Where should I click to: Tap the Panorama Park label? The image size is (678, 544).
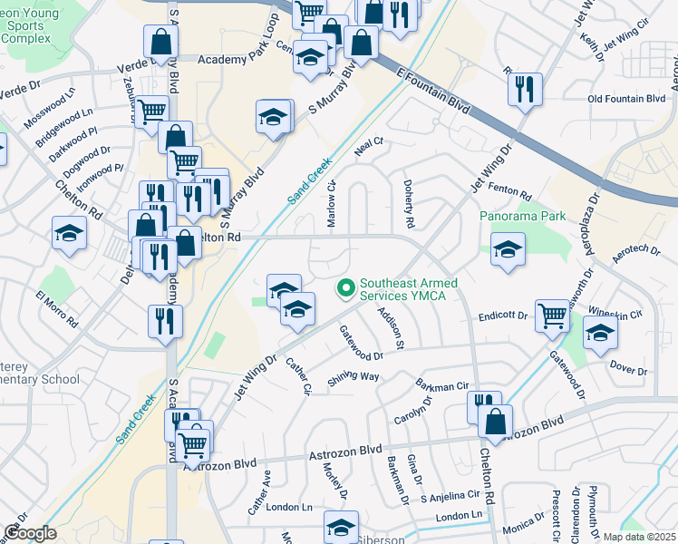tap(523, 216)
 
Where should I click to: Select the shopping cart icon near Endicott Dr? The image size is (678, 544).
tap(552, 316)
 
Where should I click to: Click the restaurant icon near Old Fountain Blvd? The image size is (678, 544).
tap(525, 89)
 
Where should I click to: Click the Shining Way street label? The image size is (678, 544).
tap(354, 377)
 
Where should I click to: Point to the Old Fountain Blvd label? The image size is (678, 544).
tap(626, 99)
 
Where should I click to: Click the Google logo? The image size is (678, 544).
tap(30, 532)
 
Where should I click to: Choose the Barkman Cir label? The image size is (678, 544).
tap(441, 384)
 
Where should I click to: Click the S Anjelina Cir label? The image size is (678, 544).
tap(450, 496)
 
